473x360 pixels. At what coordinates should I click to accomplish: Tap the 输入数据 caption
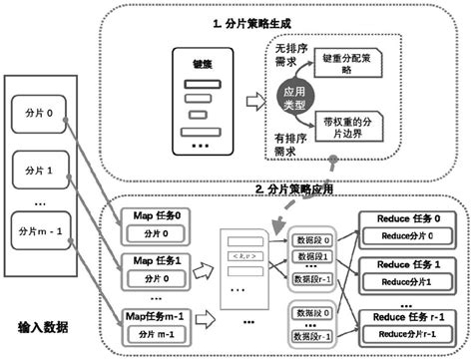(x=46, y=328)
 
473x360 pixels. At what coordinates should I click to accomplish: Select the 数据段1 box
(x=309, y=258)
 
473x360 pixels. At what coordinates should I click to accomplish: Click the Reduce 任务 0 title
(x=409, y=217)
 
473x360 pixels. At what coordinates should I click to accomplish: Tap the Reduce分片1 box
(x=410, y=282)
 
